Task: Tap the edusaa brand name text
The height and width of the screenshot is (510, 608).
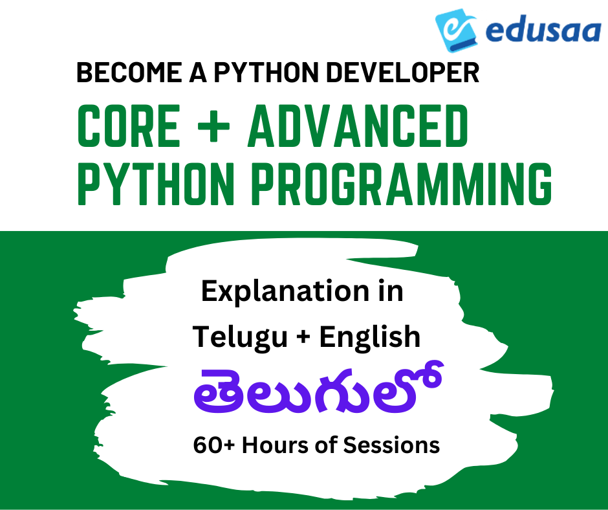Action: click(x=543, y=31)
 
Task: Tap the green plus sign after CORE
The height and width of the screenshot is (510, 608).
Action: click(x=213, y=126)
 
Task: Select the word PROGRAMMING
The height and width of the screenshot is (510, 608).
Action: click(x=402, y=184)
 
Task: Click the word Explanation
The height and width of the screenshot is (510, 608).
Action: click(x=285, y=292)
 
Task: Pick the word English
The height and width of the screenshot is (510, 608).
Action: click(x=370, y=336)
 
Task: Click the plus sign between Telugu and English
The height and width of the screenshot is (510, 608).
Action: click(x=303, y=337)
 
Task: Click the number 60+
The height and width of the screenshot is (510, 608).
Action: click(x=214, y=445)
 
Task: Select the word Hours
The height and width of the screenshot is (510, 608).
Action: click(x=276, y=445)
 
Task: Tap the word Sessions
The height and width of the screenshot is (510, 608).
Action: click(x=391, y=445)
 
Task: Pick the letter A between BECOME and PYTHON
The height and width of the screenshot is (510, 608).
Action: click(x=198, y=72)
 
